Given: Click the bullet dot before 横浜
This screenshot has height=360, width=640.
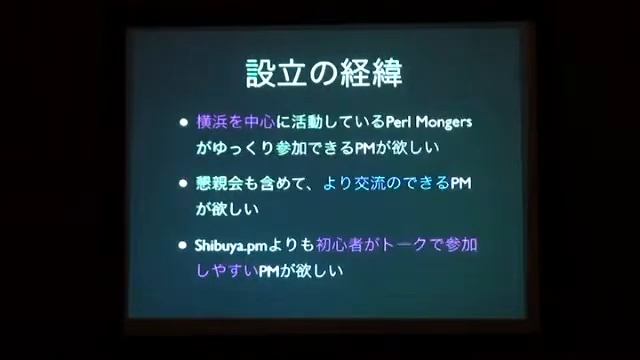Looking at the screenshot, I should (183, 123).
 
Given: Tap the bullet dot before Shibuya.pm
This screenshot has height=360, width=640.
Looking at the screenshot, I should (183, 244).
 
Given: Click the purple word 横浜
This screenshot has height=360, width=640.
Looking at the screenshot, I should (211, 123).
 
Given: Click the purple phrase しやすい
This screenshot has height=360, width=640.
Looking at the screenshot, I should (227, 270).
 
